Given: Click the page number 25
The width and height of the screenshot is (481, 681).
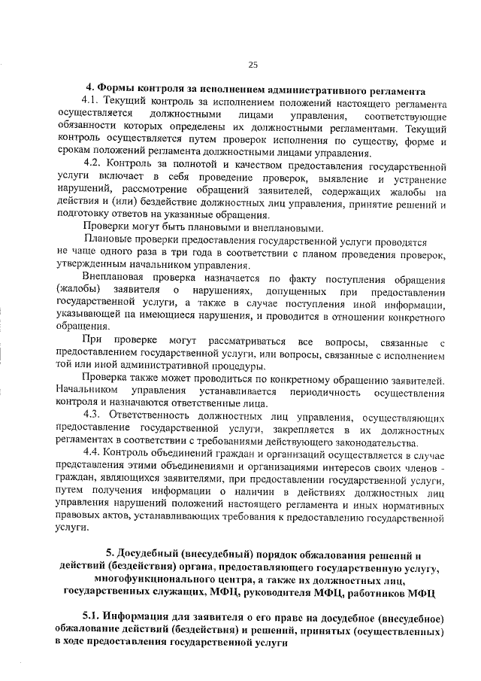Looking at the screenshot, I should coord(253,63).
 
